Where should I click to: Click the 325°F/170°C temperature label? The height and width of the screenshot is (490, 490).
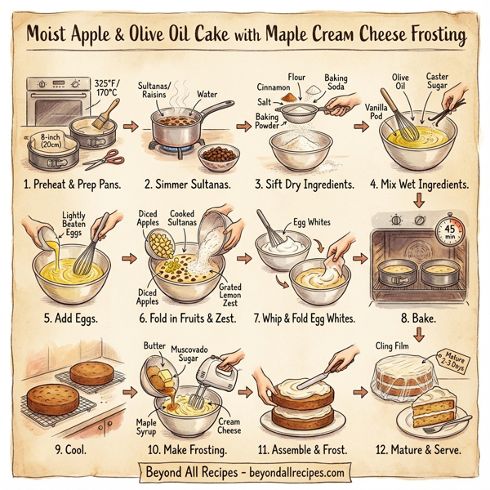click(106, 87)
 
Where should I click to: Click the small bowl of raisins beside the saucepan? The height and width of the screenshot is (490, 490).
click(216, 154)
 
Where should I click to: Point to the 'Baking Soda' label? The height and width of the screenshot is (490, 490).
click(336, 82)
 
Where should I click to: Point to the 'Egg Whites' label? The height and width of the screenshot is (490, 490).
click(314, 223)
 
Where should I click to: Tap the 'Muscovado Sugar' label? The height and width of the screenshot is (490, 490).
click(196, 352)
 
